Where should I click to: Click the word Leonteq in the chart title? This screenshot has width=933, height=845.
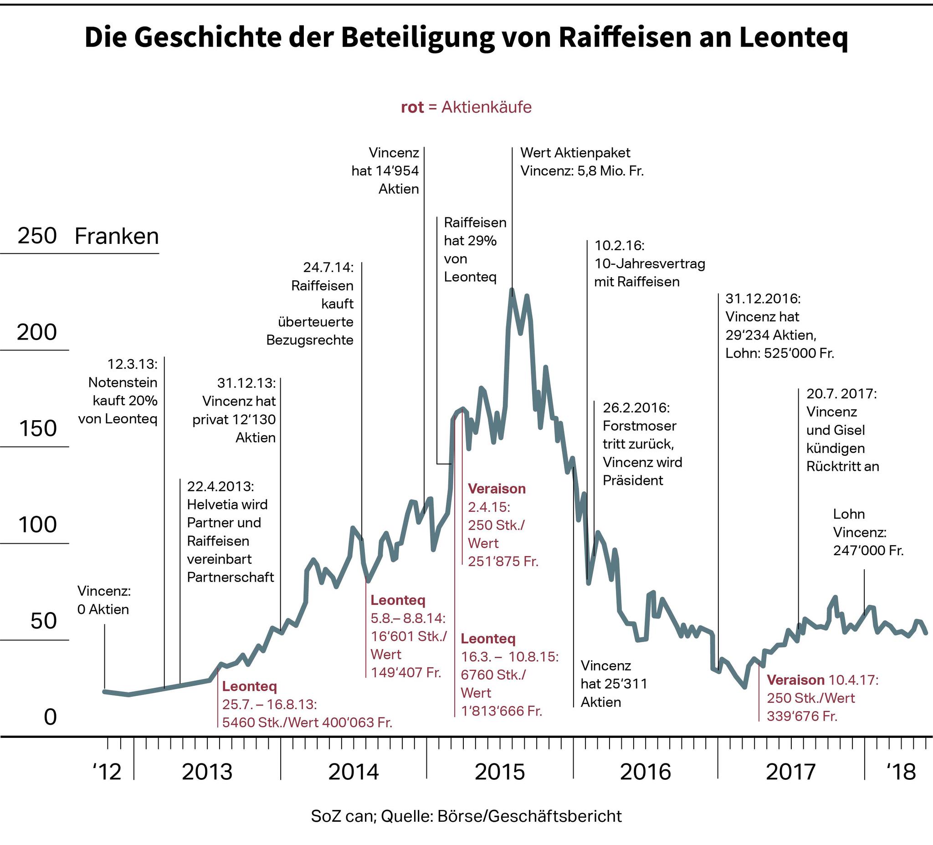click(x=793, y=38)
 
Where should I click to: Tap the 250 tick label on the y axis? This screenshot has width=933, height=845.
click(x=37, y=236)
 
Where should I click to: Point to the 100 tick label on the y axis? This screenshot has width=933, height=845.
click(x=37, y=525)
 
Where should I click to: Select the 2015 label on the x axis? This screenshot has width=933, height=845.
click(x=500, y=772)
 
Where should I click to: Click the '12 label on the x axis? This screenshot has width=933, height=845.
click(x=107, y=772)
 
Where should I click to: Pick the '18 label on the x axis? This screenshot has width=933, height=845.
click(x=901, y=772)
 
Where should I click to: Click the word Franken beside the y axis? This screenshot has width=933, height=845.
click(x=117, y=237)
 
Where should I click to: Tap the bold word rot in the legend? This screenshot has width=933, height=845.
click(x=412, y=108)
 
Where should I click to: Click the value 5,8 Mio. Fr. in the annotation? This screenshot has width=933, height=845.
click(x=610, y=171)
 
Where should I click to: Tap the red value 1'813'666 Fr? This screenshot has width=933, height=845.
click(x=502, y=711)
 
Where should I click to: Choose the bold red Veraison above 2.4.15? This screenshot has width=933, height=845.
click(x=497, y=489)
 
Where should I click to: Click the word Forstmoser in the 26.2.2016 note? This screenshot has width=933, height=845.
click(x=639, y=426)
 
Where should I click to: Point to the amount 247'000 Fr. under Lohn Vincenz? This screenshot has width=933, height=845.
click(x=868, y=551)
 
